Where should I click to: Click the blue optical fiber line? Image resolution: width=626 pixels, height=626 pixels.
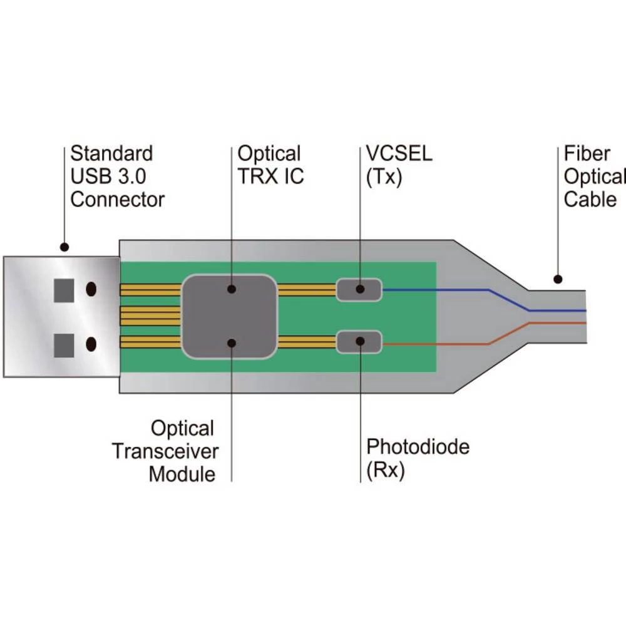(438, 290)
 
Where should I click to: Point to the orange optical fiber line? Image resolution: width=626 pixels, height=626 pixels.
(438, 345)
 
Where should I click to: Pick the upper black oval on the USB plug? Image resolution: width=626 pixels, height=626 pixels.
(91, 289)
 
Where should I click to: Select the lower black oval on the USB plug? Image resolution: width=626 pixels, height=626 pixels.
(91, 344)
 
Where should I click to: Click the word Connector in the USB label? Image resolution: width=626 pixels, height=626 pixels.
(117, 200)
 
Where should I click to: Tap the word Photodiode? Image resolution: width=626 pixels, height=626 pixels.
(418, 447)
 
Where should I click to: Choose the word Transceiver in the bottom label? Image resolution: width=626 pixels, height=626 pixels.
(165, 451)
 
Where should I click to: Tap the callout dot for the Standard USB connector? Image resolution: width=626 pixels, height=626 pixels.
(63, 247)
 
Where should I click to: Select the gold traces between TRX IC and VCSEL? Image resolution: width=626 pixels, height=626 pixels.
(307, 290)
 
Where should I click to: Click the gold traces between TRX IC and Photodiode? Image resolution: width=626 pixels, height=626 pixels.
(307, 342)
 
